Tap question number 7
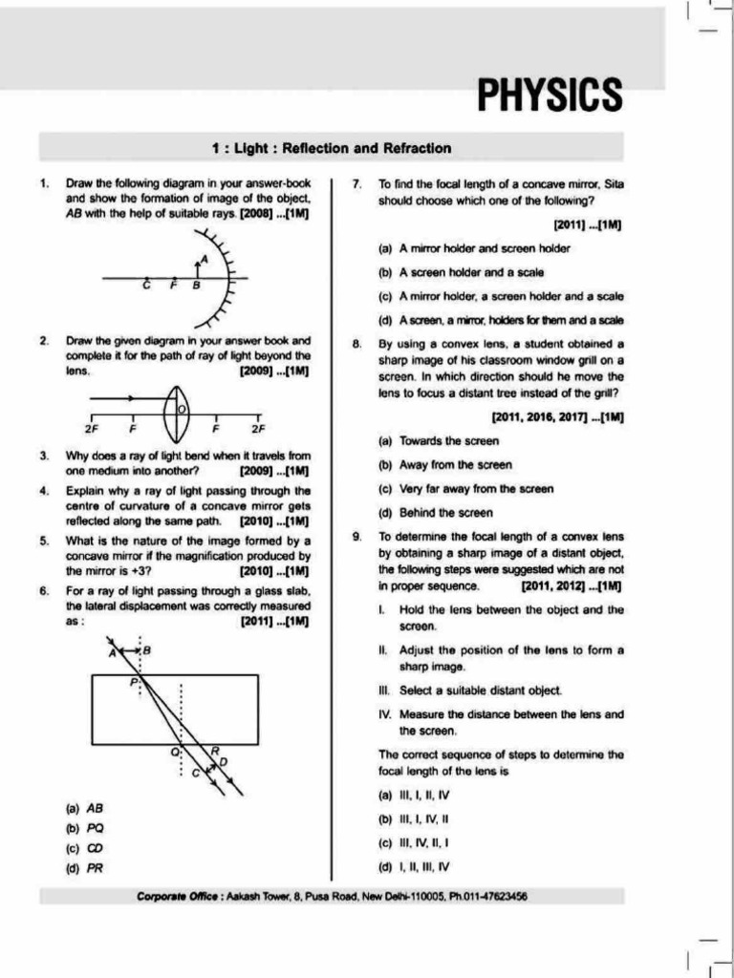pos(356,182)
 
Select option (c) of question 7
pos(502,296)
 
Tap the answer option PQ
pos(96,827)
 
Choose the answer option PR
pos(96,867)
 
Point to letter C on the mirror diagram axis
pos(146,286)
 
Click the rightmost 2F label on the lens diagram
pos(256,428)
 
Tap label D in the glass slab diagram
pos(224,761)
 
